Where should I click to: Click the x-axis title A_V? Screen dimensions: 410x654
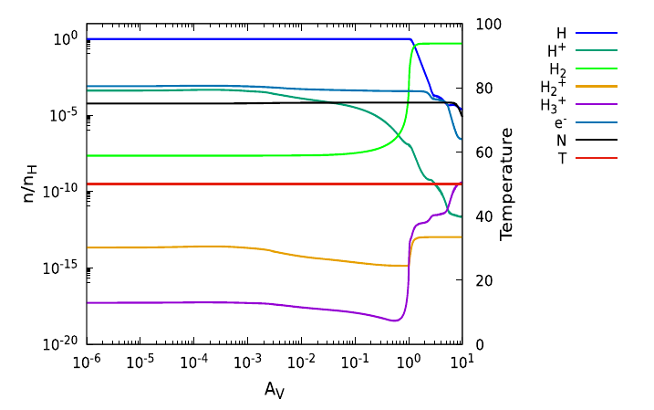pos(275,390)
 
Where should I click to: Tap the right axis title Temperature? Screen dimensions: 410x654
pos(507,184)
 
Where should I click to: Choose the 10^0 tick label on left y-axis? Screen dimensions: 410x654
pos(69,38)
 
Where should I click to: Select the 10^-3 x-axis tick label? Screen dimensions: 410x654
pos(248,362)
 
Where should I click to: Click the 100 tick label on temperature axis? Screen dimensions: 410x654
pos(479,25)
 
